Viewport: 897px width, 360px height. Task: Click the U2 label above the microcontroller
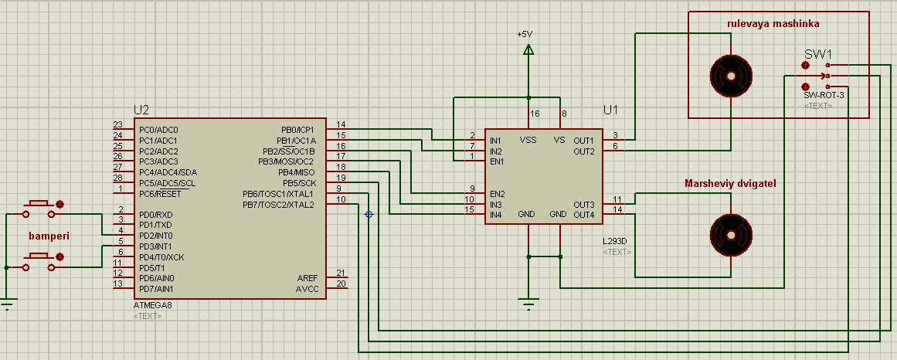coord(141,110)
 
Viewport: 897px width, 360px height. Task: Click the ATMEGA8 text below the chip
coord(152,306)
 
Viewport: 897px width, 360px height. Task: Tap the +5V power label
coord(525,35)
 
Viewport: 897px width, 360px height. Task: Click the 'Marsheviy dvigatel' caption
coord(730,183)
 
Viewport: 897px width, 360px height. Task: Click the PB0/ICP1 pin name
coord(297,130)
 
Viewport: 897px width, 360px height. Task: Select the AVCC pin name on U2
coord(307,289)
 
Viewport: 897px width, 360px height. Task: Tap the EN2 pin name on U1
coord(498,193)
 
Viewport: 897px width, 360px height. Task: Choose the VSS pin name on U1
coord(528,141)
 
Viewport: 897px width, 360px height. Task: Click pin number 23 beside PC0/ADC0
coord(117,124)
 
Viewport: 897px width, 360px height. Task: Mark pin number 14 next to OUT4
coord(617,209)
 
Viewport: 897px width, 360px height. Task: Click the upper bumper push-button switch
coord(39,205)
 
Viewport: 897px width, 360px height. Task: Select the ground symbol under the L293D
coord(528,305)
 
